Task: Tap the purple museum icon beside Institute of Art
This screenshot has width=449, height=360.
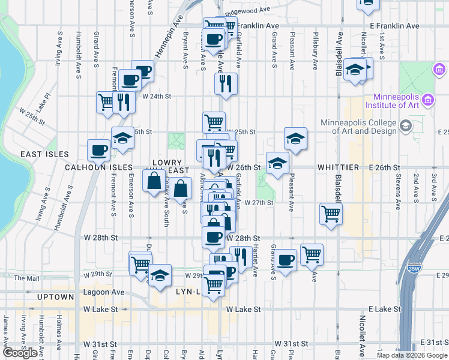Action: pos(428,98)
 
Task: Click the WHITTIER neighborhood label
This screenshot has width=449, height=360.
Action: pos(338,167)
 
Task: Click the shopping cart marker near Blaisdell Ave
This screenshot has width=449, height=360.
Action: pos(331,213)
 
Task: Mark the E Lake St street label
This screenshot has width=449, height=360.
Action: pos(384,309)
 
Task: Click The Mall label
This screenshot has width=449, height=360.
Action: pos(26,278)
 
